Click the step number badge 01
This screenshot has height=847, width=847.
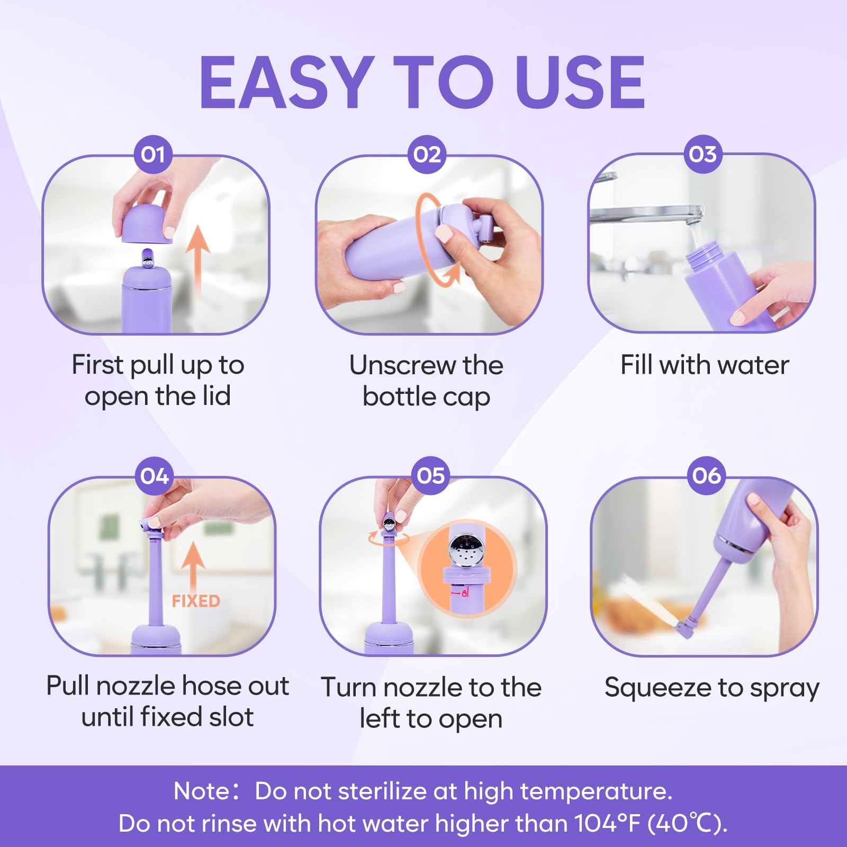coord(152,155)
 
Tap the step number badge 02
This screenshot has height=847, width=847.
coord(427,155)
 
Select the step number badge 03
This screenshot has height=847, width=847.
coord(702,154)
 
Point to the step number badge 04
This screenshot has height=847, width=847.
coord(155,476)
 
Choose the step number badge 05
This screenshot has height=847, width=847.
coord(430,475)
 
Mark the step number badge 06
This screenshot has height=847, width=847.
coord(706,475)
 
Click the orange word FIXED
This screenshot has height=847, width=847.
coord(195,601)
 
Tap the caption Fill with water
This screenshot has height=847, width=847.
coord(705,365)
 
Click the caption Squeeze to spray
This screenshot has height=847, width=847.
coord(711,688)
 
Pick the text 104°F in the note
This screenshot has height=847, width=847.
coord(607,824)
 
